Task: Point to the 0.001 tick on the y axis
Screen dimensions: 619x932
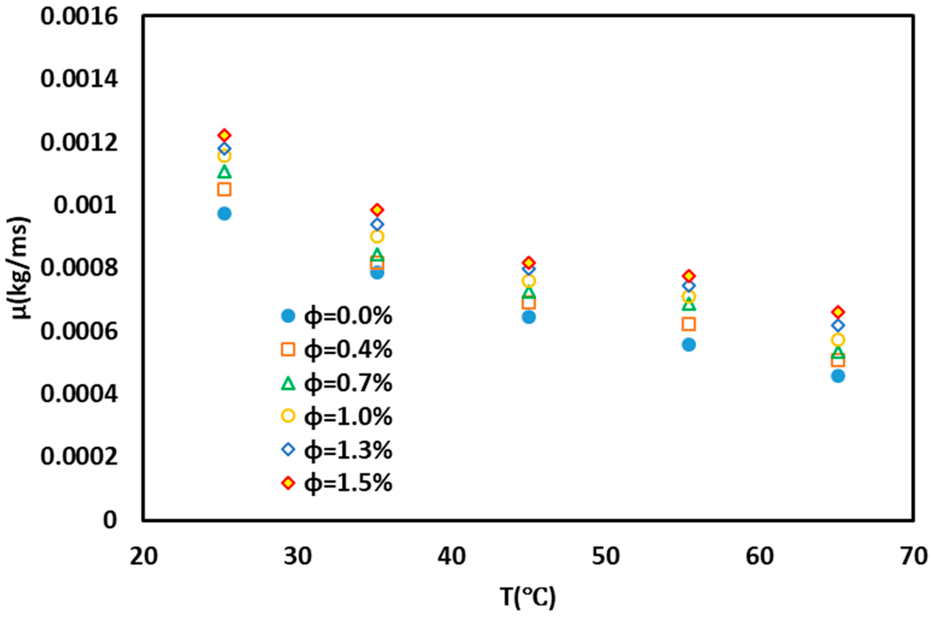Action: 86,206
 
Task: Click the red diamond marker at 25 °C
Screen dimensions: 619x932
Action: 224,135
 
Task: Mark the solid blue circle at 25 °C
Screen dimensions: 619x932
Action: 224,213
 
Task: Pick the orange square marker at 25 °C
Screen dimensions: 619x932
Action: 224,189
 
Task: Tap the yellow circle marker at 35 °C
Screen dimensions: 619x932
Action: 377,237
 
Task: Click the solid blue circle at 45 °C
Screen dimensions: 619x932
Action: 528,317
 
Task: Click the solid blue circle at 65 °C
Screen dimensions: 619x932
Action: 838,376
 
